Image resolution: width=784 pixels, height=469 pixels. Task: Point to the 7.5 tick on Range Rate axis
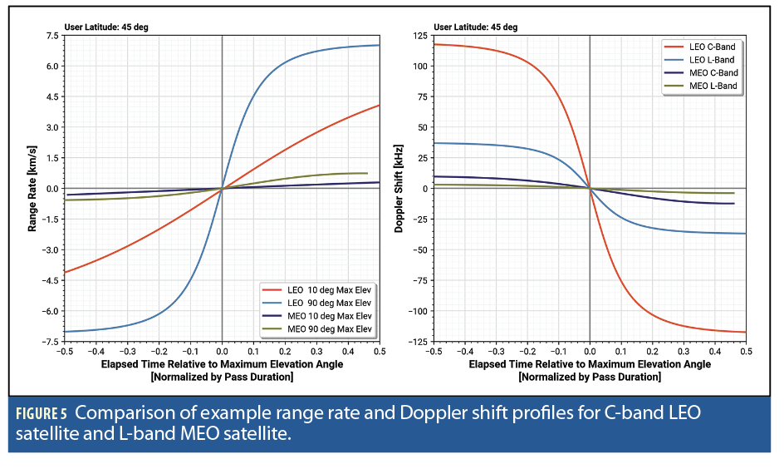point(51,36)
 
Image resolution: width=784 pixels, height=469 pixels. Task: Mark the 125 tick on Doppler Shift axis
point(420,36)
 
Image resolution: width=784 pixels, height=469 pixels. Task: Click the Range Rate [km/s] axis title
point(32,188)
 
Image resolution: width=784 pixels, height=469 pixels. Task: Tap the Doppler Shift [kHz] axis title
point(399,188)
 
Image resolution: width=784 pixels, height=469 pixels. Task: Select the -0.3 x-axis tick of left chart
point(126,351)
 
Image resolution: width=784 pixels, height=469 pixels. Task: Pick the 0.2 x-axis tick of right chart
point(652,351)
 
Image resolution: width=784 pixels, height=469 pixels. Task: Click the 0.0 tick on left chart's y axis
point(51,189)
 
